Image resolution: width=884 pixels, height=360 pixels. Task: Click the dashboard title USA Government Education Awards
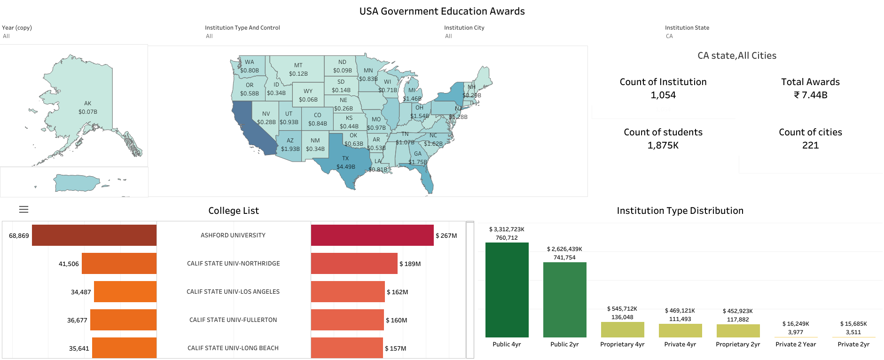tap(442, 11)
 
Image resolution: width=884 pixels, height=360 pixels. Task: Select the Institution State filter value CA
tap(669, 36)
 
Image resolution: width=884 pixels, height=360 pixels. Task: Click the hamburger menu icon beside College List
tap(23, 210)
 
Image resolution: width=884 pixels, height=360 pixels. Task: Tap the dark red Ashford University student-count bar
tap(94, 235)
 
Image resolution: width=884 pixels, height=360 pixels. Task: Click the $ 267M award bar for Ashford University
tap(372, 235)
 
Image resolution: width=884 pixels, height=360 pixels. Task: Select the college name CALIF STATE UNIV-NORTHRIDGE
tap(233, 264)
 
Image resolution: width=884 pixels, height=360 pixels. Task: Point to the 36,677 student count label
tap(77, 320)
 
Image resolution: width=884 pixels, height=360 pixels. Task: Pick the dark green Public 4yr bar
tap(507, 290)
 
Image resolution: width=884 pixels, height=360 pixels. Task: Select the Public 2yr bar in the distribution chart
tap(564, 299)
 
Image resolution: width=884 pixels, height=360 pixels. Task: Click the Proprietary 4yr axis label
tap(622, 344)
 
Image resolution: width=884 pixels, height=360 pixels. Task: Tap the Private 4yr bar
tap(680, 330)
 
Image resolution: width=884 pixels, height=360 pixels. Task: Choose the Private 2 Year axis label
tap(796, 344)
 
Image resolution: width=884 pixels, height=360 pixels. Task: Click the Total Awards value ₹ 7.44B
tap(810, 95)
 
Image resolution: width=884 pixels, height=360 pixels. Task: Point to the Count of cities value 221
tap(810, 145)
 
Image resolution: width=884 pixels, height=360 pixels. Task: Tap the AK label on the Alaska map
tap(88, 103)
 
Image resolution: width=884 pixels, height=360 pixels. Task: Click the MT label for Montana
tap(298, 65)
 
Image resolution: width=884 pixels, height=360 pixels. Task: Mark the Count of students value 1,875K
tap(663, 145)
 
